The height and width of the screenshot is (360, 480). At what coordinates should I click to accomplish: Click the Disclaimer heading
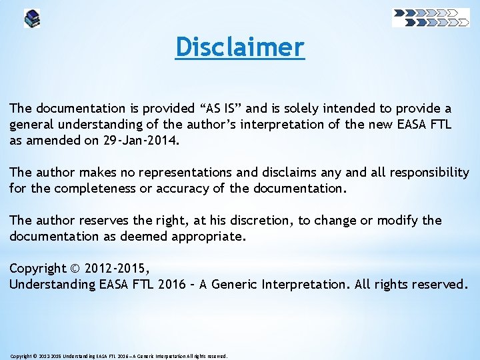(x=240, y=47)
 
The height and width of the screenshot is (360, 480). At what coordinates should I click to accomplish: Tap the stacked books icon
(x=31, y=18)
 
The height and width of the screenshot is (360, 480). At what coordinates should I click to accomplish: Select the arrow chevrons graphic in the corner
(x=431, y=17)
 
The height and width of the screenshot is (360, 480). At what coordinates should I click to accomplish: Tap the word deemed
(x=120, y=236)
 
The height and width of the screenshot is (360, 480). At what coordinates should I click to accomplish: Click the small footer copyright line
(x=119, y=356)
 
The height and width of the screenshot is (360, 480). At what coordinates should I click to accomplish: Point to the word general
(x=31, y=124)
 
